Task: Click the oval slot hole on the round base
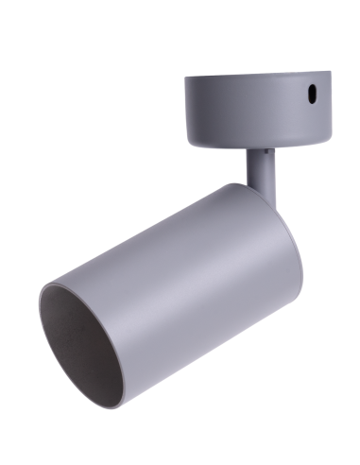point(309,95)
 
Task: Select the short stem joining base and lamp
point(260,168)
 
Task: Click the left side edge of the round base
point(184,109)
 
